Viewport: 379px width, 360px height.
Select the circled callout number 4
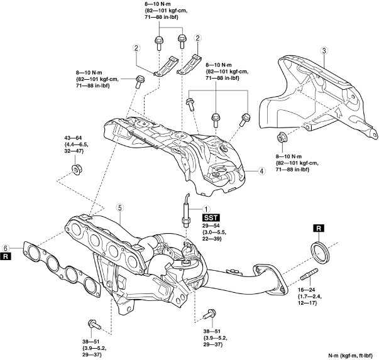[x=261, y=171]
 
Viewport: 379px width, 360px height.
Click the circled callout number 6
[x=6, y=248]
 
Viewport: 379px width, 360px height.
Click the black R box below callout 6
[x=6, y=257]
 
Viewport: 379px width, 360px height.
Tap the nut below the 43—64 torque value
[x=76, y=169]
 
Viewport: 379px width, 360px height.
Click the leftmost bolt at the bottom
[x=94, y=324]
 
